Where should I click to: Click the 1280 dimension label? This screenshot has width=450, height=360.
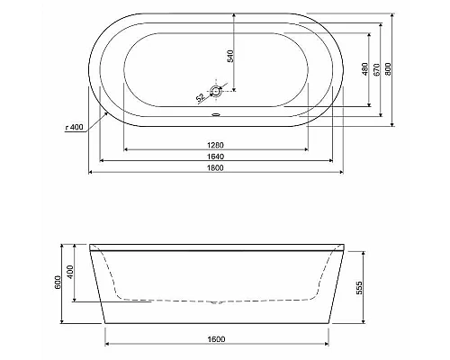point(215,145)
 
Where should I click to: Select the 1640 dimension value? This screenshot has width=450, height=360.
point(215,157)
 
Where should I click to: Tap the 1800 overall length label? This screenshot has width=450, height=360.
point(215,168)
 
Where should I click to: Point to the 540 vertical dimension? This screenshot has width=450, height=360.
point(230,56)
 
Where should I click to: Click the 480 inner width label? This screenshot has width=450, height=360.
point(365,69)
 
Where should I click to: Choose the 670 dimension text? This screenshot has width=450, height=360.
point(377,69)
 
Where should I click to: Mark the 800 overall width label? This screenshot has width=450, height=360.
point(388,69)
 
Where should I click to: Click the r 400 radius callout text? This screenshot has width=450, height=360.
point(74,127)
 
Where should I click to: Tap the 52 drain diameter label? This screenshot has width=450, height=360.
point(201,97)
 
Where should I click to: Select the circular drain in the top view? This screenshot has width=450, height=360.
point(216,91)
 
